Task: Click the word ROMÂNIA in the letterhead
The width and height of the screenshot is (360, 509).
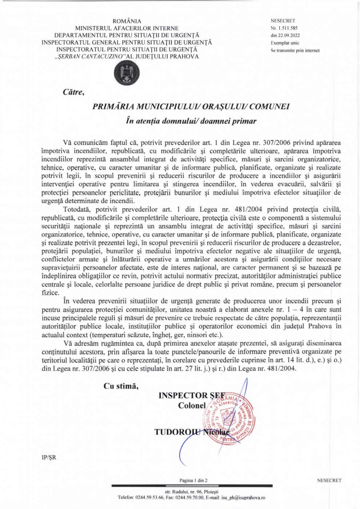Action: click(127, 21)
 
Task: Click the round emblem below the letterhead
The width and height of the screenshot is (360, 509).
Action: click(127, 73)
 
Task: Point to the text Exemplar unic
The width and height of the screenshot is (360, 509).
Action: click(285, 43)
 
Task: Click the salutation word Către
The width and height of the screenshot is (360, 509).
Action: click(73, 92)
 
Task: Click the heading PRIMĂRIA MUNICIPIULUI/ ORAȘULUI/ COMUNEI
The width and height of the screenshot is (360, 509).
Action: click(191, 107)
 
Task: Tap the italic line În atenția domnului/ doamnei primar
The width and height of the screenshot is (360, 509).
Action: click(191, 121)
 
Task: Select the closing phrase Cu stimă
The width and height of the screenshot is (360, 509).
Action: click(121, 386)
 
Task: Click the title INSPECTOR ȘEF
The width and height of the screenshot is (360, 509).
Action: click(192, 396)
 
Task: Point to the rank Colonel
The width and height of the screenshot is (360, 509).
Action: click(192, 405)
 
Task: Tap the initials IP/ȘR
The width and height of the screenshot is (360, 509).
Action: click(49, 457)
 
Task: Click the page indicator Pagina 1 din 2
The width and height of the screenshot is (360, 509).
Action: click(193, 480)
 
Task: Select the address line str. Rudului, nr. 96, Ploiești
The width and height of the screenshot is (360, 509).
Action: click(191, 492)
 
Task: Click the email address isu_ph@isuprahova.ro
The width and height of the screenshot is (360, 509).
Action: click(243, 497)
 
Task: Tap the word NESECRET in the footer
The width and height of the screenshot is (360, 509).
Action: click(329, 480)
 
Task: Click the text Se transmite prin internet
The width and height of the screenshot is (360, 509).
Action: click(295, 51)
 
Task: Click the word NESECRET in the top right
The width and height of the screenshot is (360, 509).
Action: click(283, 21)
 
